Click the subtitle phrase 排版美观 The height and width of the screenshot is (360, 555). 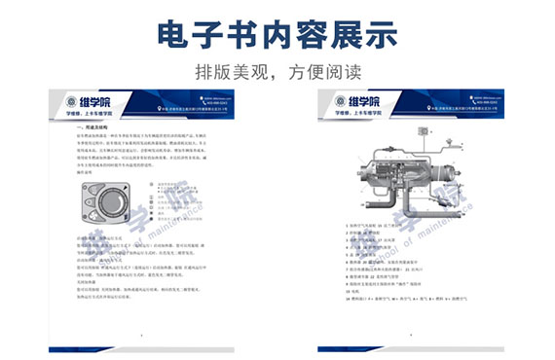click(232, 72)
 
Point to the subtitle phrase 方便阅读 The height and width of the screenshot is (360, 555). click(321, 72)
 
